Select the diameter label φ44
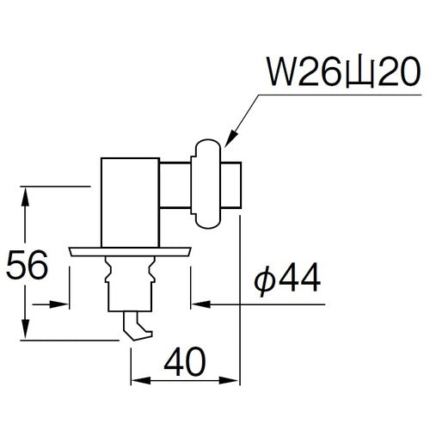pos(289,281)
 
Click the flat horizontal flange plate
pos(131,251)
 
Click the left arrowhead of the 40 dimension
pos(137,381)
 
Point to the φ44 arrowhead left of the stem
pos(64,303)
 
